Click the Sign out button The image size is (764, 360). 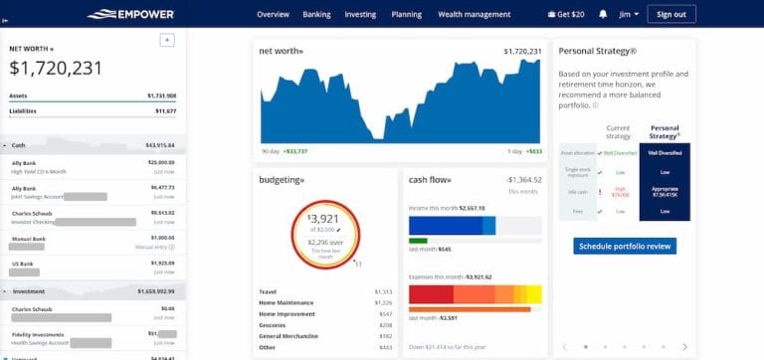tap(671, 14)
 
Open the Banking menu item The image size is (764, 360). tap(316, 14)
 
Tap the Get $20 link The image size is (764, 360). tap(565, 14)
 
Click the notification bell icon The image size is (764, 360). tap(603, 14)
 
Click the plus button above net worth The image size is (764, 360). tap(167, 40)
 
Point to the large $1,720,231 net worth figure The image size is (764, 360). tap(56, 68)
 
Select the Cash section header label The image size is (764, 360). tap(19, 145)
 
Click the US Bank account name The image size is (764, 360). tap(23, 263)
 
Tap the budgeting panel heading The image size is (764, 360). tap(283, 180)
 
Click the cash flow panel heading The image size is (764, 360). tap(430, 180)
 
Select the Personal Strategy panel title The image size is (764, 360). tap(597, 50)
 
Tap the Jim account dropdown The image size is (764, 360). tap(627, 14)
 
